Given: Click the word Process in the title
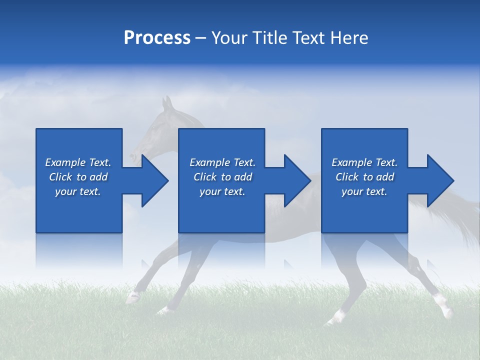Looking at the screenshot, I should tap(157, 38).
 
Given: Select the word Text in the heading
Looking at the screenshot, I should tap(308, 38).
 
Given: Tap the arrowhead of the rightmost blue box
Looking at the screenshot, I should tap(439, 180).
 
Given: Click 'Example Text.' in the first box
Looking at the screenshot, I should tap(78, 162).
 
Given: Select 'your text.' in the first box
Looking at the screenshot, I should tap(78, 191).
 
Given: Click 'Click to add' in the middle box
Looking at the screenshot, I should tap(222, 177).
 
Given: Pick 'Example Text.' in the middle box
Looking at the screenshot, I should tap(222, 162).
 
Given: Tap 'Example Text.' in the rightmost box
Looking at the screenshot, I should tap(364, 162).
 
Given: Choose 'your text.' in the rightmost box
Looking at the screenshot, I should tap(364, 191).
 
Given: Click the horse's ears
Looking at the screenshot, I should tap(167, 103).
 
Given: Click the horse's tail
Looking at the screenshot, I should tap(462, 210).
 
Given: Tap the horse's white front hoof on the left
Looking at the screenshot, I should tap(132, 298).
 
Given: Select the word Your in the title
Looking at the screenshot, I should tap(228, 38).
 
